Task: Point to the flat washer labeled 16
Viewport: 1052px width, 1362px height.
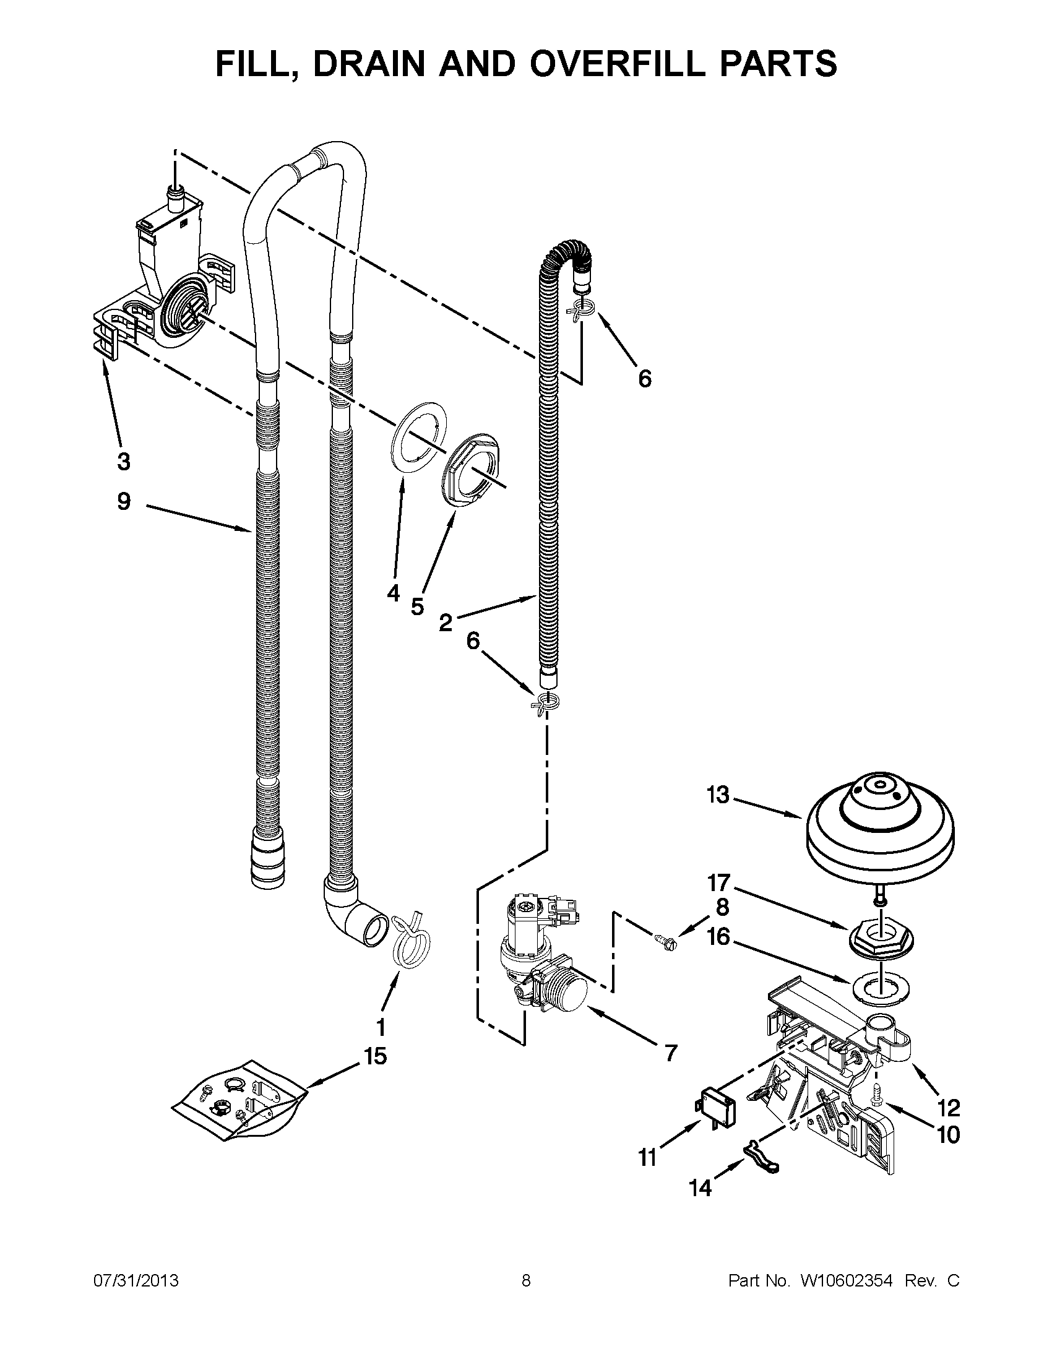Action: pyautogui.click(x=879, y=985)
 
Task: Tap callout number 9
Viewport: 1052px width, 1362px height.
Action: pyautogui.click(x=124, y=501)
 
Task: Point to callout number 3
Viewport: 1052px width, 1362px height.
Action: pyautogui.click(x=124, y=462)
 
